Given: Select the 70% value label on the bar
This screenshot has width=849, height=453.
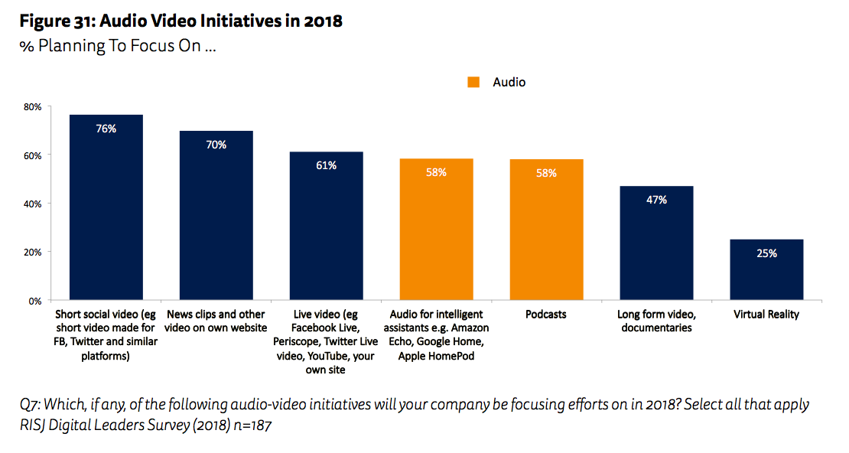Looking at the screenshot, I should click(216, 145).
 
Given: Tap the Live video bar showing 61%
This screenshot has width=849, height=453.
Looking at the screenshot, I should click(327, 230).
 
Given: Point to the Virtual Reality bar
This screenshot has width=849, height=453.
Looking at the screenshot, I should click(766, 272).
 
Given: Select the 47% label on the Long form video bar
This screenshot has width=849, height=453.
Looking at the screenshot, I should click(656, 200).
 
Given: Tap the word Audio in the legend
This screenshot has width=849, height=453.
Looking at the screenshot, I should click(509, 82).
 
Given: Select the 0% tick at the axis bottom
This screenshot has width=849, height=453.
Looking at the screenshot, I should click(34, 301).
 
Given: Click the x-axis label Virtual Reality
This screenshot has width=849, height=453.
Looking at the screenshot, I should click(766, 314).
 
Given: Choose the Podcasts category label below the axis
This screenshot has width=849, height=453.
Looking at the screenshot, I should click(546, 314).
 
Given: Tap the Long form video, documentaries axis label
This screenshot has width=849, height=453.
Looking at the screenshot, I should click(656, 321).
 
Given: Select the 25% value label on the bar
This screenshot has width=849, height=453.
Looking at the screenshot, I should click(766, 253).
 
